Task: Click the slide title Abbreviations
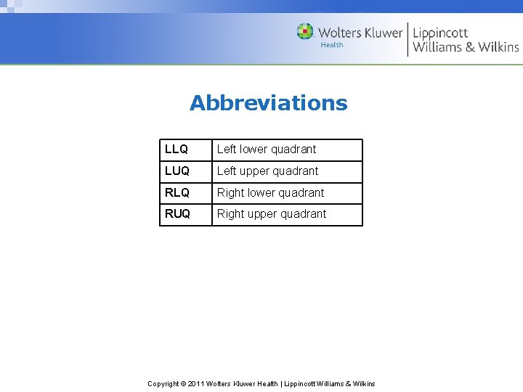[x=268, y=103]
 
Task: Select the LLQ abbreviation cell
[x=177, y=150]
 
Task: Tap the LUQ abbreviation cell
[x=177, y=171]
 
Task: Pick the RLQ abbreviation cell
[x=177, y=193]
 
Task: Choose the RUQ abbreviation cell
[x=178, y=214]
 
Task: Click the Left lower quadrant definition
[x=267, y=150]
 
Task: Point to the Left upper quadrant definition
[x=267, y=171]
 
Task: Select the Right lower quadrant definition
[x=270, y=193]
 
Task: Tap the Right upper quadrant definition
[x=272, y=214]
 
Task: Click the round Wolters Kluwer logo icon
[x=305, y=32]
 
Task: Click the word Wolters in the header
[x=340, y=33]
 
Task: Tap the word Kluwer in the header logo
[x=383, y=33]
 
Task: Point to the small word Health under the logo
[x=332, y=45]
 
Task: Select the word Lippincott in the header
[x=440, y=33]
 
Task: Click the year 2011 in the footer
[x=195, y=383]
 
